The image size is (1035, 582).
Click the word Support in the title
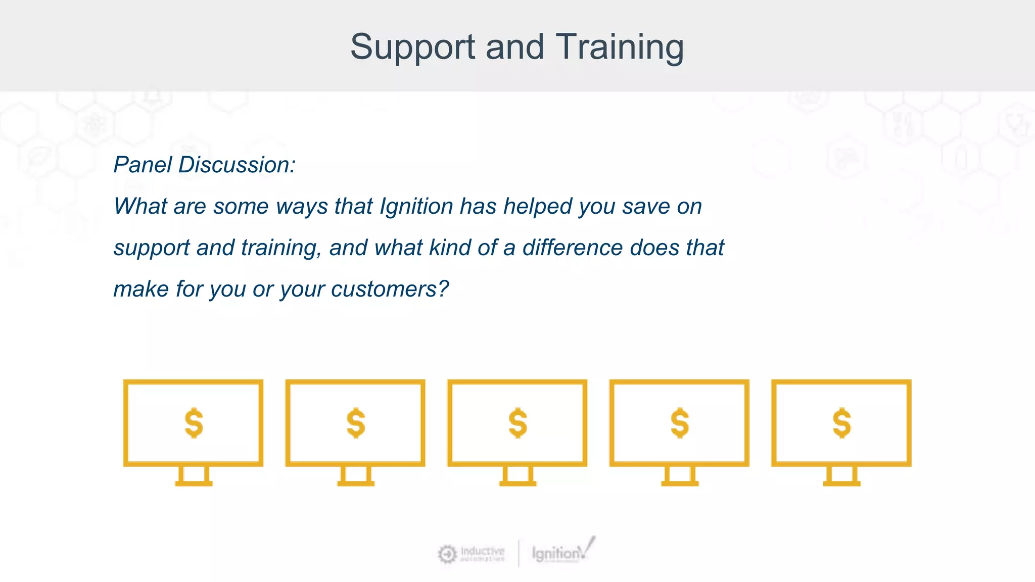click(412, 47)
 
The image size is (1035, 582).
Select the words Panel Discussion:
click(204, 165)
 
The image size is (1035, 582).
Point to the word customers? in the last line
click(390, 289)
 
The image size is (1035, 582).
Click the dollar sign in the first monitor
click(194, 423)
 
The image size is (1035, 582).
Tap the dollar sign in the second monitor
click(356, 423)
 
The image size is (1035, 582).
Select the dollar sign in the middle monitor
click(517, 423)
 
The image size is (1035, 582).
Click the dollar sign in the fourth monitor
click(680, 423)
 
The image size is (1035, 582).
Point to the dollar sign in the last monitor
click(841, 423)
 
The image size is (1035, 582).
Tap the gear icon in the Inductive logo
click(447, 554)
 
